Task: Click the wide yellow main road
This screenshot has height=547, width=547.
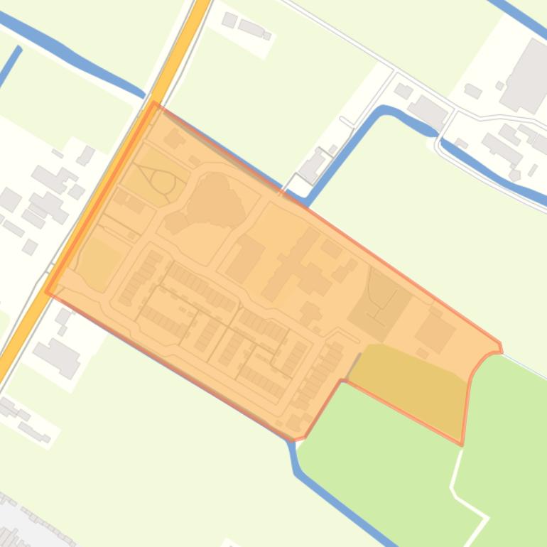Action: pyautogui.click(x=107, y=192)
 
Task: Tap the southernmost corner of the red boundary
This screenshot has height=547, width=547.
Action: pyautogui.click(x=305, y=437)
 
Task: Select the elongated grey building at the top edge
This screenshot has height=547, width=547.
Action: pyautogui.click(x=251, y=27)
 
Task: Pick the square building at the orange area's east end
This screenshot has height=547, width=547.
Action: pyautogui.click(x=435, y=331)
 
